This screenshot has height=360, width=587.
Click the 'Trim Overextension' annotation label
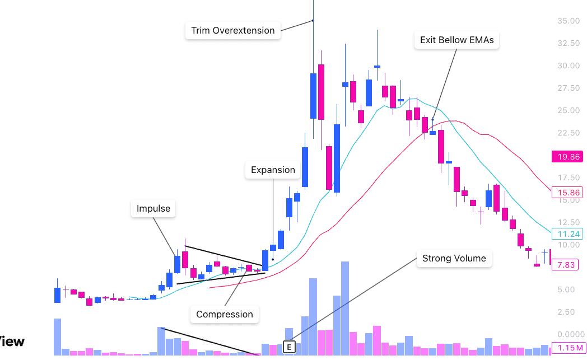pyautogui.click(x=233, y=30)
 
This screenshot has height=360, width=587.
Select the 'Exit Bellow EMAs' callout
pyautogui.click(x=456, y=40)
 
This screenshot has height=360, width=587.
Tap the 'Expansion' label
pyautogui.click(x=273, y=170)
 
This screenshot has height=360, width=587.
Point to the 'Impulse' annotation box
pyautogui.click(x=153, y=209)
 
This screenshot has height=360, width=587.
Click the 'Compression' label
pyautogui.click(x=225, y=314)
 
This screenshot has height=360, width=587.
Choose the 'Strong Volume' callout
pyautogui.click(x=454, y=259)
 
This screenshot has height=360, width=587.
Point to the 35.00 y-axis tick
pyautogui.click(x=568, y=21)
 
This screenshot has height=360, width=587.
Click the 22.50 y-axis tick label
pyautogui.click(x=568, y=133)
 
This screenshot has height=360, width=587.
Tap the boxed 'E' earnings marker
pyautogui.click(x=289, y=347)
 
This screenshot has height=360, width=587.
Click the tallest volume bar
pyautogui.click(x=345, y=308)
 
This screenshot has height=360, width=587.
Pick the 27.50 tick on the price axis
pyautogui.click(x=568, y=88)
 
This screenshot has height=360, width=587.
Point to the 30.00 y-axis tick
pyautogui.click(x=568, y=66)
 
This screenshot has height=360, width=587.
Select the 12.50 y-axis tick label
pyautogui.click(x=568, y=222)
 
